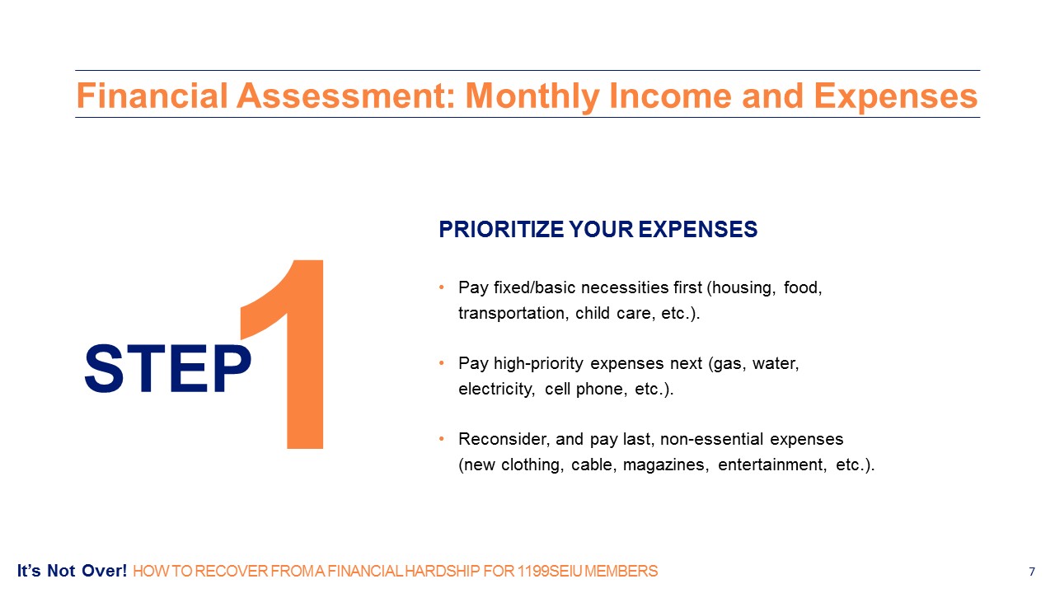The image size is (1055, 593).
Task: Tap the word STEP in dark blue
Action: point(167,368)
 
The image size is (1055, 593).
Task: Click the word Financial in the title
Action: point(152,96)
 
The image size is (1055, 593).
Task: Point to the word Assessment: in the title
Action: point(346,96)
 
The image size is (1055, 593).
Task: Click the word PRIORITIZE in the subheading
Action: point(500,230)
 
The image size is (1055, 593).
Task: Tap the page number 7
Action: point(1032,572)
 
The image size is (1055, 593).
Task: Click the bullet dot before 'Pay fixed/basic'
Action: point(441,287)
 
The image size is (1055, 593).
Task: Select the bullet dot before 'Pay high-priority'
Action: point(441,363)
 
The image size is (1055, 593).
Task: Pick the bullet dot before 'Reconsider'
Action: point(441,439)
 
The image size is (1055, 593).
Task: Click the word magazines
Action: point(663,465)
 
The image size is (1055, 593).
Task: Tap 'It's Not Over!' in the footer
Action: point(72,571)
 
